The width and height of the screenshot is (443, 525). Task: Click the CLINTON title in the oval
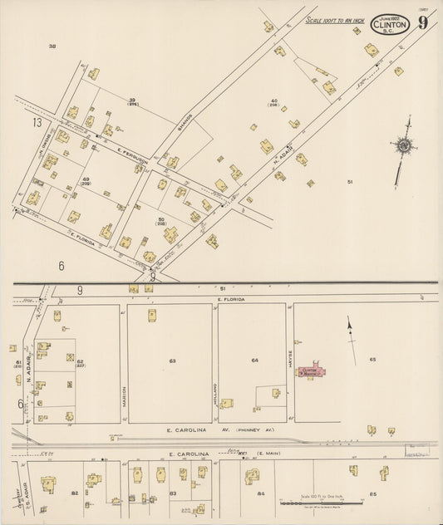[391, 25]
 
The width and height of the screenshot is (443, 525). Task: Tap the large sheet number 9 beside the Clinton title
[423, 23]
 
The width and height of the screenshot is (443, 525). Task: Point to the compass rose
[404, 146]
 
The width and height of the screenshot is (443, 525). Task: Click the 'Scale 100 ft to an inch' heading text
[335, 19]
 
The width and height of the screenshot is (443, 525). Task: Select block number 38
[52, 46]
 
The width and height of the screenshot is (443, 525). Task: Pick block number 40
[273, 101]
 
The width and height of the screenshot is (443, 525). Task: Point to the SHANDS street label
[184, 124]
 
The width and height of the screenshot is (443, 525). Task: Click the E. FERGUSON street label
[131, 153]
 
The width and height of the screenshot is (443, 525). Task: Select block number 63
[172, 361]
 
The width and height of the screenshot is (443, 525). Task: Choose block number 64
[255, 361]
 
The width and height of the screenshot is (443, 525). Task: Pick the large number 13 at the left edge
[37, 122]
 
